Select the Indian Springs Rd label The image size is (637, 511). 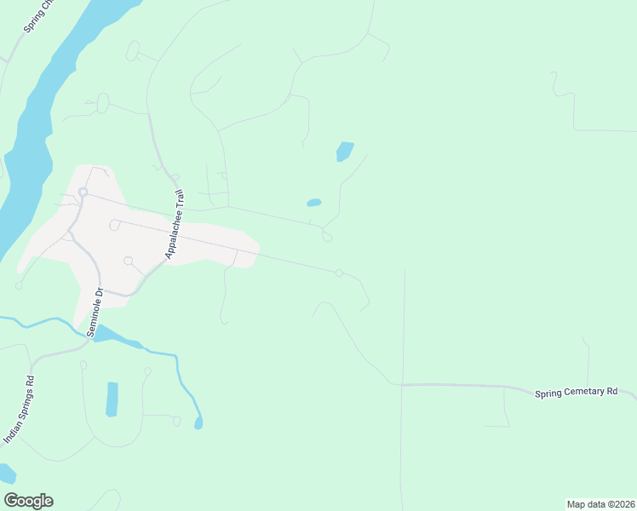tap(19, 410)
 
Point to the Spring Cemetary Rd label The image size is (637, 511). tap(576, 392)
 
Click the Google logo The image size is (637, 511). tap(28, 501)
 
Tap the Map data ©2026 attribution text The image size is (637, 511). tap(600, 504)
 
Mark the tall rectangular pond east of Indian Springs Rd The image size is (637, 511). tap(112, 399)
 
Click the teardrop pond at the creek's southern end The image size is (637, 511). tap(198, 422)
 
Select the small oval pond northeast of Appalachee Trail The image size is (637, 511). tap(313, 203)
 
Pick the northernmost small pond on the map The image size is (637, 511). tap(345, 151)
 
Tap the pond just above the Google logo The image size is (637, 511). tap(6, 473)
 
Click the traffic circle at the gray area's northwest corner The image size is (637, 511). tap(83, 192)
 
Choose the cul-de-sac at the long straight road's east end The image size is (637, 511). tap(339, 273)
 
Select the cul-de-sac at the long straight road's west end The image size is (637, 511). tap(113, 225)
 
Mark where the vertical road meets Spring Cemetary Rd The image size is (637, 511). tap(402, 384)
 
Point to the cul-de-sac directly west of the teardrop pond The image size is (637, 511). tap(176, 421)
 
